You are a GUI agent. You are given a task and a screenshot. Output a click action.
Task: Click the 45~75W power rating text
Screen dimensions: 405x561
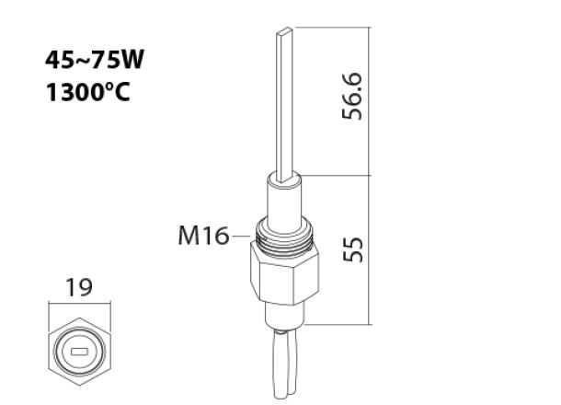[96, 62]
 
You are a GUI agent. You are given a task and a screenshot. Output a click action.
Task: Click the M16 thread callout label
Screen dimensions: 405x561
[203, 237]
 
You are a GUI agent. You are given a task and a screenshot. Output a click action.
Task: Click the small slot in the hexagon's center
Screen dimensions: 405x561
[80, 351]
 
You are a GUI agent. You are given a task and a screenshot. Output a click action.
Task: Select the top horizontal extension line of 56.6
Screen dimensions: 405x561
[331, 28]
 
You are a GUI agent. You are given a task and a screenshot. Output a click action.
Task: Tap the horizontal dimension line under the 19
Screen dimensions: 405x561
[80, 304]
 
